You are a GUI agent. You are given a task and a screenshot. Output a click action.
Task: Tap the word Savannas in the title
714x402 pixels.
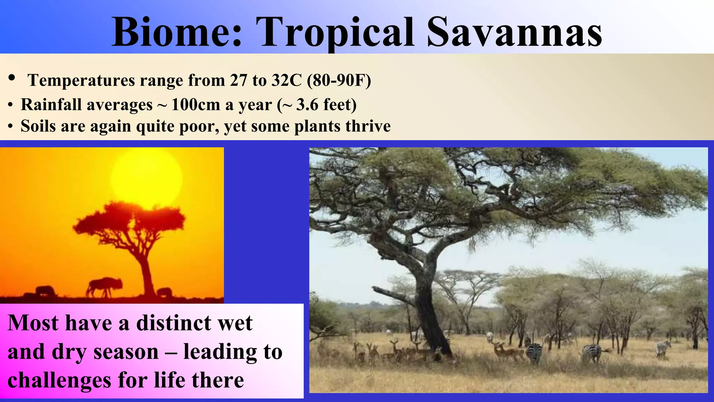[514, 32]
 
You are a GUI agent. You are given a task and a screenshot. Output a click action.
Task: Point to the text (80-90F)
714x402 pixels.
[339, 80]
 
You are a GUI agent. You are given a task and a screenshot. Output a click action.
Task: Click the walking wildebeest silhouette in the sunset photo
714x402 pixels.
[104, 287]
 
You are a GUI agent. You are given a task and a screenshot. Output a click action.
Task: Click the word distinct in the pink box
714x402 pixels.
[174, 323]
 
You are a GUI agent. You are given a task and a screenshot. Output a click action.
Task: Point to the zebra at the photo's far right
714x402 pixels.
[662, 348]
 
